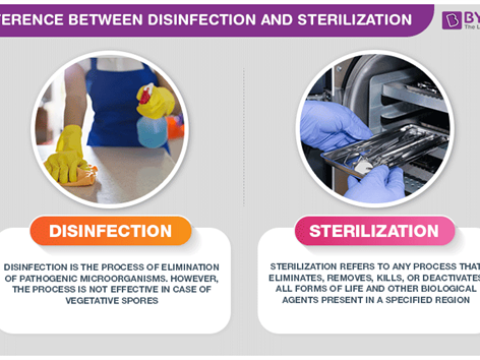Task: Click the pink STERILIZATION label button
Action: click(374, 231)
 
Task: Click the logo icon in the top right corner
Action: click(451, 19)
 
